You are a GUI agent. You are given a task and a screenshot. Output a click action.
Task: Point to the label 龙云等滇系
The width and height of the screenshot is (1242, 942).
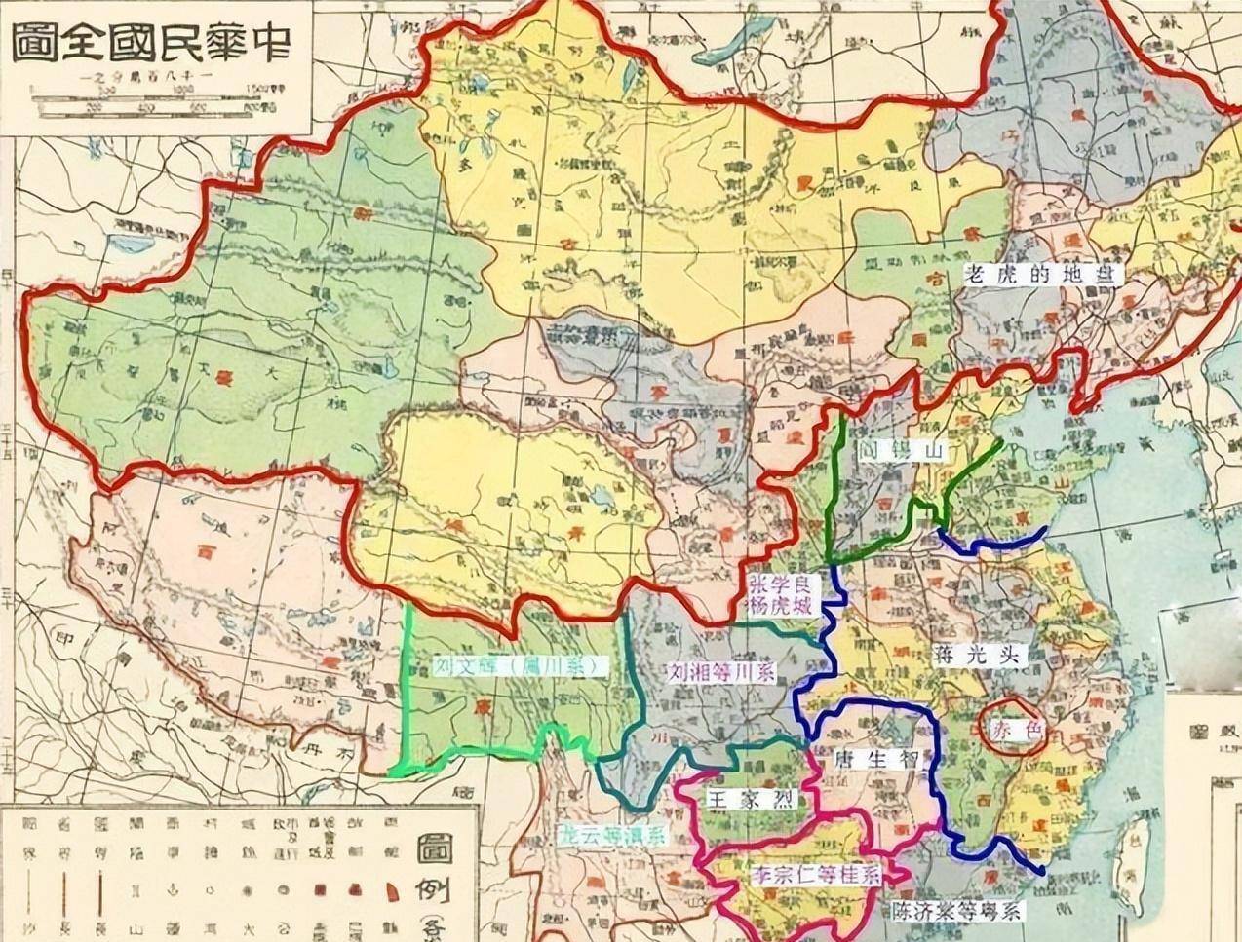pos(611,834)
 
